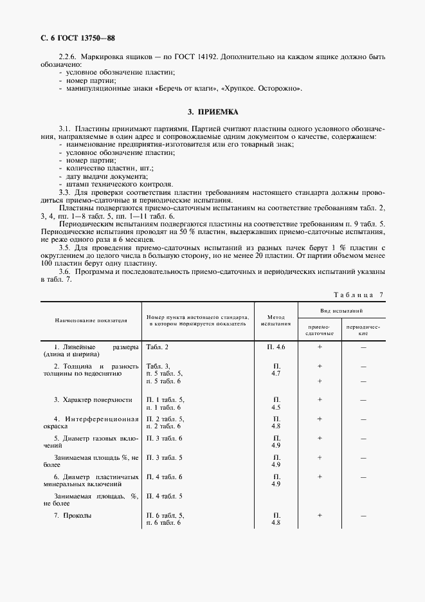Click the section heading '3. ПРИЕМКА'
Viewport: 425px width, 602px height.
[x=212, y=112]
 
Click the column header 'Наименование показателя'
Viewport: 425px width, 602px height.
[x=91, y=320]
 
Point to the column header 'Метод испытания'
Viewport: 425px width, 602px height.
[x=276, y=320]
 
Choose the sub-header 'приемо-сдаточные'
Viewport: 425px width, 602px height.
[x=320, y=330]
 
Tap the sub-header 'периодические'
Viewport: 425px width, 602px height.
[x=363, y=330]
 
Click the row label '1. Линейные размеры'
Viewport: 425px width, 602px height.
[x=91, y=351]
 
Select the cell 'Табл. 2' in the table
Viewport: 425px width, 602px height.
[x=158, y=347]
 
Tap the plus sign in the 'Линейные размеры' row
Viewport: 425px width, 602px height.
[x=320, y=347]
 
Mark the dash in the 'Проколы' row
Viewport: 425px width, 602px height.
[x=363, y=516]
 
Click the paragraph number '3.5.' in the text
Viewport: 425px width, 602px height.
[x=66, y=248]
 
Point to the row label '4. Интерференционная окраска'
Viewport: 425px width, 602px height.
[x=91, y=423]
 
